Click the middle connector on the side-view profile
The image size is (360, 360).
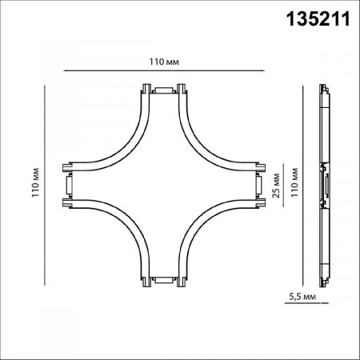[x=325, y=183]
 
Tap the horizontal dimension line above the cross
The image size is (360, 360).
[x=162, y=72]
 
